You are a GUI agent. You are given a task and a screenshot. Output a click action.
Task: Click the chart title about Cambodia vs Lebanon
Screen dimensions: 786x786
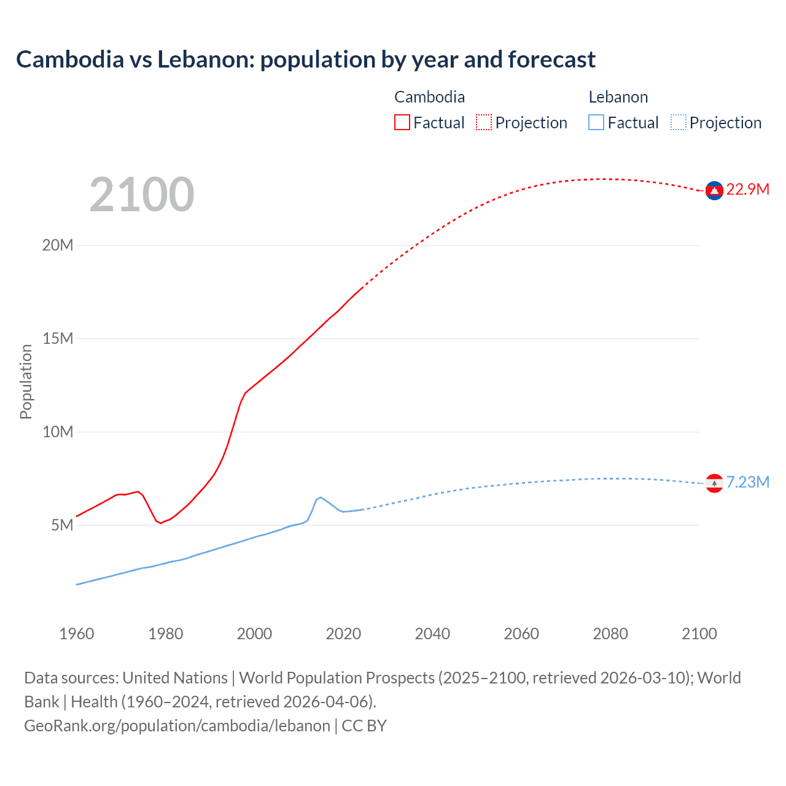coord(306,60)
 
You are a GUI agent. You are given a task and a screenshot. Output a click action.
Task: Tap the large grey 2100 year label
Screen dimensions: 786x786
coord(142,195)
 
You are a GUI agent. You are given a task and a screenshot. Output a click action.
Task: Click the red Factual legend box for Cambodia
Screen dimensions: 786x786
coord(402,122)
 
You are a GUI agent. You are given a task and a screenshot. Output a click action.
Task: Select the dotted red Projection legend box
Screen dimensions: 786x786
coord(484,122)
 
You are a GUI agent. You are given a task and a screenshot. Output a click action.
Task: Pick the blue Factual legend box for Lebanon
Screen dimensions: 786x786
coord(596,122)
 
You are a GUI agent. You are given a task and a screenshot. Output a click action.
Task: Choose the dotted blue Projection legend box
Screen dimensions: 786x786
coord(678,122)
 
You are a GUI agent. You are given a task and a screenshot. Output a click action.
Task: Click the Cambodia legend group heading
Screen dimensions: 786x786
coord(429,97)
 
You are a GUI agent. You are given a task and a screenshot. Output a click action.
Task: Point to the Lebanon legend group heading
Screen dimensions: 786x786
coord(618,97)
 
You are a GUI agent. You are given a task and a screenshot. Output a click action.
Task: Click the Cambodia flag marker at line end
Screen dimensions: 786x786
coord(714,191)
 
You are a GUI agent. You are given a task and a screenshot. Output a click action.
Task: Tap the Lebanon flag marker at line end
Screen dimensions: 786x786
coord(714,483)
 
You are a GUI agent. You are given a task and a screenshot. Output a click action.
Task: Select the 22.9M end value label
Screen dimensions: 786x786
coord(747,189)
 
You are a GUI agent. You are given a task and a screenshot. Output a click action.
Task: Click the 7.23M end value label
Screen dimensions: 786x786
coord(747,482)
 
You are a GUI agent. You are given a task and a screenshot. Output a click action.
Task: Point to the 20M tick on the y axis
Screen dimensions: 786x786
coord(58,245)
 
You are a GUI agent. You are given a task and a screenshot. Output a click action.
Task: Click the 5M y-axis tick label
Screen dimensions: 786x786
coord(62,525)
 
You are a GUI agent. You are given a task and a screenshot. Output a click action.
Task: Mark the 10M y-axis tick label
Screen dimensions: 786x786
coord(58,432)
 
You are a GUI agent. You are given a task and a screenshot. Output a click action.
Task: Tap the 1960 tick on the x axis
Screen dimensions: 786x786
coord(77,634)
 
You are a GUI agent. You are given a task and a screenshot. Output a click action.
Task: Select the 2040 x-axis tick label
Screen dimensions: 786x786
coord(432,634)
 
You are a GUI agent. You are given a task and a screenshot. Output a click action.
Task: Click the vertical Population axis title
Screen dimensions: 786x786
coord(26,381)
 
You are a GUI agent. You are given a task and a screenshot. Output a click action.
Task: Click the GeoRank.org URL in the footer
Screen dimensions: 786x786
coord(177,726)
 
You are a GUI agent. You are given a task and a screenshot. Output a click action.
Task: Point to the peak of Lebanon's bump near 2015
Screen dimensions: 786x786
coord(321,497)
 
